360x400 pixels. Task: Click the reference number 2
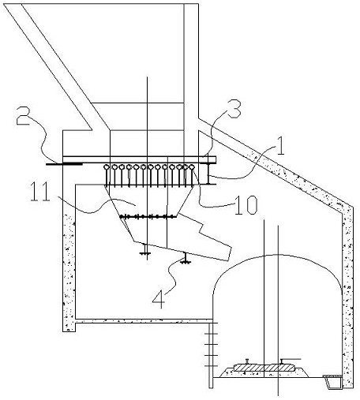point(23,115)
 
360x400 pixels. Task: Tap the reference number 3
point(234,109)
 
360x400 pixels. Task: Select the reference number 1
point(279,146)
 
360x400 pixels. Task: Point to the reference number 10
point(246,205)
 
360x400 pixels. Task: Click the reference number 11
point(40,191)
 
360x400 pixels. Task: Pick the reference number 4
point(159,300)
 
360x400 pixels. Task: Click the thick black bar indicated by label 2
point(64,164)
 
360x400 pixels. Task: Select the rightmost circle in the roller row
point(192,166)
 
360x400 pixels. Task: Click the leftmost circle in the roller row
point(107,167)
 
